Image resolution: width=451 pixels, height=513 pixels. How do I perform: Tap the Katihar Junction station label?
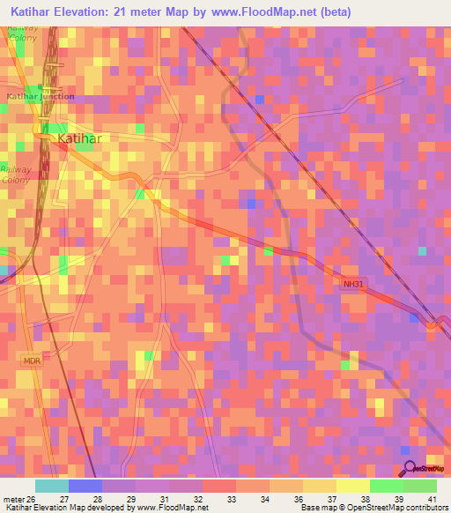(40, 96)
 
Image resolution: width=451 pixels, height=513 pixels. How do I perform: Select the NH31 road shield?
(352, 283)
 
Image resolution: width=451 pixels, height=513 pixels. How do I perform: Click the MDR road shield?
(33, 361)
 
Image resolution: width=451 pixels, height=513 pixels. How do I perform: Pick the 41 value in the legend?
(432, 499)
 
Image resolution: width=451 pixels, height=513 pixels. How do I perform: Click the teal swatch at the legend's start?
(52, 486)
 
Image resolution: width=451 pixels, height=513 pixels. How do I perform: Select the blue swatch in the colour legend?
(85, 486)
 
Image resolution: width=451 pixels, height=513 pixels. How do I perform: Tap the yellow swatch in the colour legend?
(352, 486)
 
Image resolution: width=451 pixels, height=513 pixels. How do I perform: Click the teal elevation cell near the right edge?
(422, 251)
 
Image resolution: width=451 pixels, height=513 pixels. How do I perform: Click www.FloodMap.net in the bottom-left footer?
(172, 508)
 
